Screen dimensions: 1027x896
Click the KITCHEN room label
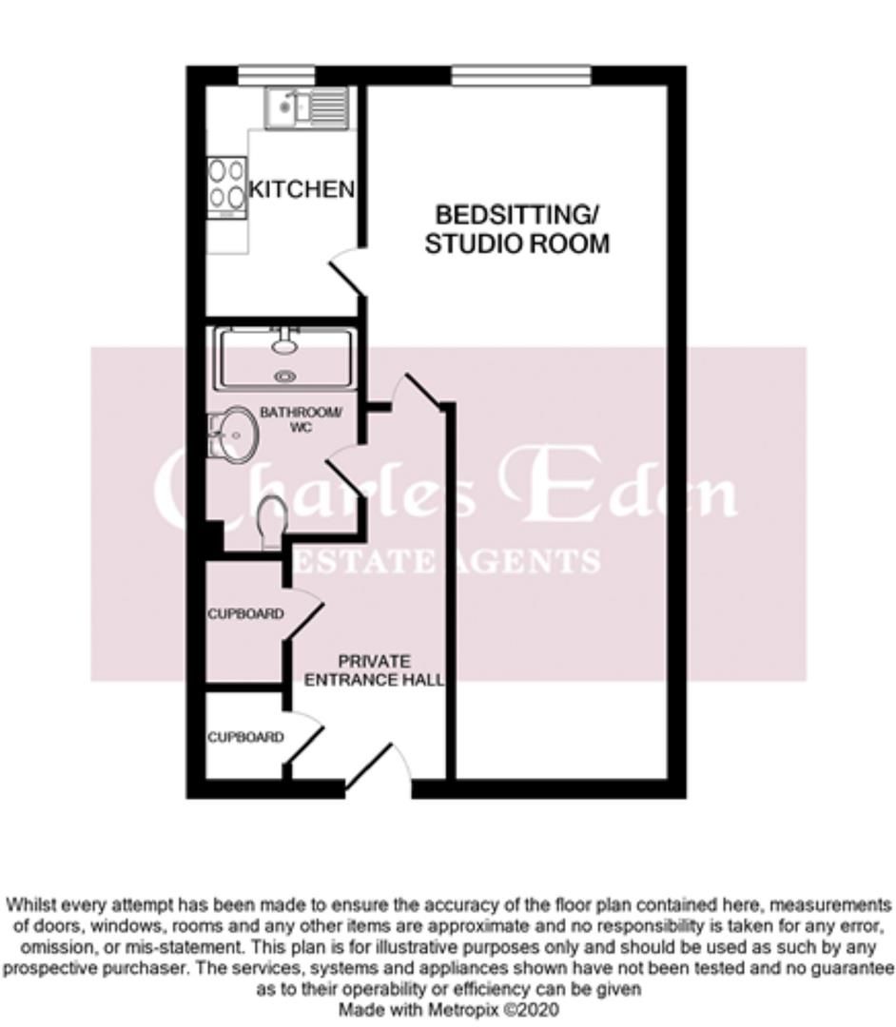301,189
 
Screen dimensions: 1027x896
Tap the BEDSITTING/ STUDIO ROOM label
516,228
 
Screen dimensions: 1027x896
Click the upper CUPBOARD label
245,614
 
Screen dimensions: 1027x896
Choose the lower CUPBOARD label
245,737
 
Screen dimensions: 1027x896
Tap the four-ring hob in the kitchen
226,185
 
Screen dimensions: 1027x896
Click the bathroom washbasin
232,436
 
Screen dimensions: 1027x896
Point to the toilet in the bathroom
272,520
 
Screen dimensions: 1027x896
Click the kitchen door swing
345,271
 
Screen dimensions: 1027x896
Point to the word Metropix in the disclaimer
463,1009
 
